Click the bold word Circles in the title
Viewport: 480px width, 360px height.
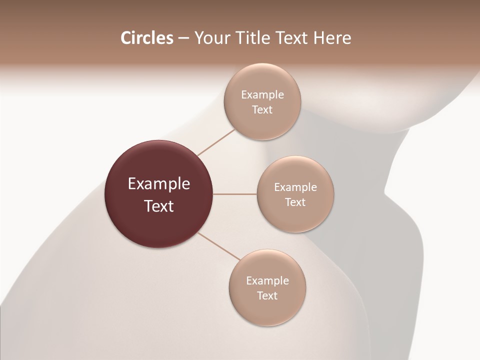point(147,38)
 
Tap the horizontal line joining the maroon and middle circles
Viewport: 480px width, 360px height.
point(235,194)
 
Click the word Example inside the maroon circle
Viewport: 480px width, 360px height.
point(159,184)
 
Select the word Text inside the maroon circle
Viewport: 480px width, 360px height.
point(159,206)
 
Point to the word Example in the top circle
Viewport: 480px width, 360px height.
point(262,95)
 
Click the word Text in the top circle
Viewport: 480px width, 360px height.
point(262,110)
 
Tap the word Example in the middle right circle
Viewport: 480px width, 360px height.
point(295,187)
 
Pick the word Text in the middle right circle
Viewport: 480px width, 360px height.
point(295,202)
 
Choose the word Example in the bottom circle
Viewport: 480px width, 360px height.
point(267,281)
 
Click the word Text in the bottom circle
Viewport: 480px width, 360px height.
point(267,296)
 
